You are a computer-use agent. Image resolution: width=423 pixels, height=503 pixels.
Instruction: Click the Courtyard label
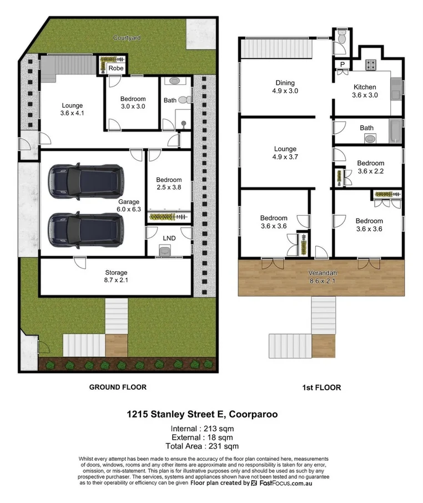point(127,38)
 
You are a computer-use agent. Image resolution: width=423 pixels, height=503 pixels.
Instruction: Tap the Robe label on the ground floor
point(115,68)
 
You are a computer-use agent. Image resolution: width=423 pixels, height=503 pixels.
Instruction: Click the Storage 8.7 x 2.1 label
point(117,277)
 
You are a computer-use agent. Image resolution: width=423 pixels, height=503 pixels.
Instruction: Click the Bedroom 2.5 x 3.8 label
point(169,184)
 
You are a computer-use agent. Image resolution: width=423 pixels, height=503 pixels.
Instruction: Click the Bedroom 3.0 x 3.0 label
point(133,103)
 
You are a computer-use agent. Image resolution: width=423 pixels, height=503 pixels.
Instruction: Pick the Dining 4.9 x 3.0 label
point(285,87)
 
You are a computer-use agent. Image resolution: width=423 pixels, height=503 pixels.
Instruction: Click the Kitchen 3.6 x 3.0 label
point(365,91)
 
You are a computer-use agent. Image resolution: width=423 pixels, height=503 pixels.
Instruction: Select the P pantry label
point(342,65)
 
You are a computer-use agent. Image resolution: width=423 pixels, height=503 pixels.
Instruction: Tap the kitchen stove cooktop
point(371,64)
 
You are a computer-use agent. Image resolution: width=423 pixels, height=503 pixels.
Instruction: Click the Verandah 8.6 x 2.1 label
point(322,277)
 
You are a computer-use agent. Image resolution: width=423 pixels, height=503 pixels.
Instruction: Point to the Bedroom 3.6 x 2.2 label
point(370,167)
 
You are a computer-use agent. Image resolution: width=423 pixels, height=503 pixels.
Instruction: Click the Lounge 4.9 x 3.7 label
point(285,153)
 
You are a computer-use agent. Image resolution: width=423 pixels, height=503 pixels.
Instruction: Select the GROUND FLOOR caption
point(118,387)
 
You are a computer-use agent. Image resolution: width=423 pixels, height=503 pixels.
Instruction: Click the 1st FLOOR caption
point(322,387)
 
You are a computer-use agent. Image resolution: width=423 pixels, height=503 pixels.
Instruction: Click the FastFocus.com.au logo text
point(293,483)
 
